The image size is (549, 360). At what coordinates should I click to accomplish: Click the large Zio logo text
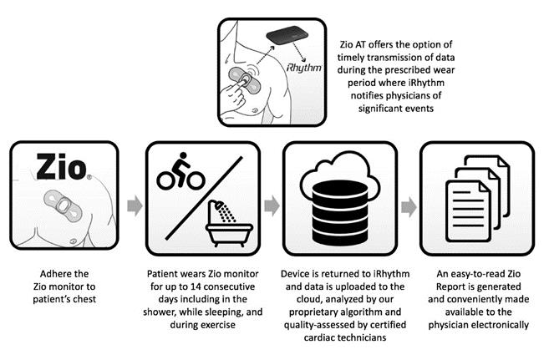click(62, 167)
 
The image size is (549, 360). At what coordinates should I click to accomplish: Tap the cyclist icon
click(180, 171)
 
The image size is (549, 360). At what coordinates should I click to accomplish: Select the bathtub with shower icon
click(229, 223)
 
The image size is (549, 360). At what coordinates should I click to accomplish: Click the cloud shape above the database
click(340, 171)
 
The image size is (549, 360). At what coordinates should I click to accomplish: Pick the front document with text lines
click(468, 211)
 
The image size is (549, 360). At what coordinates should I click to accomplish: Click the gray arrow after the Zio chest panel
click(135, 206)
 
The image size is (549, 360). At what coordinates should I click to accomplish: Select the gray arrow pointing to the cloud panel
click(272, 206)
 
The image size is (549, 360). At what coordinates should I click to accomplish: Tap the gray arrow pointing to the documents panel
click(409, 206)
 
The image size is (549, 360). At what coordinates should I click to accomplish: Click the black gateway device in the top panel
click(287, 36)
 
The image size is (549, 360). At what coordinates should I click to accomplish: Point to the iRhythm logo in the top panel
click(303, 67)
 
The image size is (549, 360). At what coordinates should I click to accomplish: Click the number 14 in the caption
click(196, 286)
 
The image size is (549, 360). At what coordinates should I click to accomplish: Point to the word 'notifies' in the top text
click(366, 95)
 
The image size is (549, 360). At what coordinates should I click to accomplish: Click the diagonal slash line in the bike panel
click(204, 198)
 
